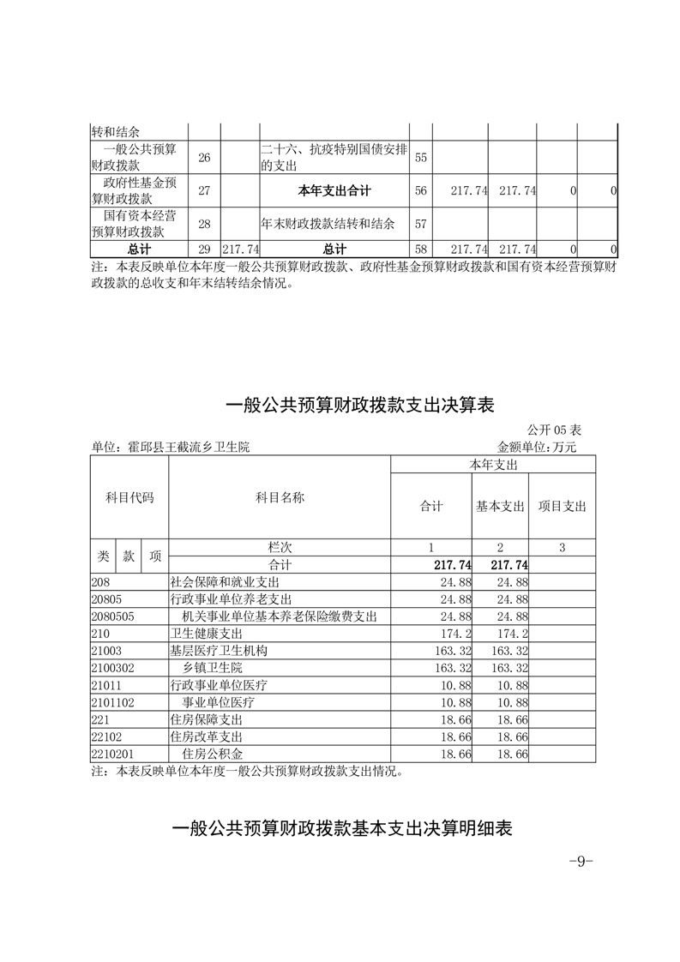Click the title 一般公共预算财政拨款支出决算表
coord(360,405)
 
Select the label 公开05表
coord(554,430)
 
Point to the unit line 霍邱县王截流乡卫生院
coord(171,447)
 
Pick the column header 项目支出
coord(562,507)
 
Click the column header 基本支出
coord(500,507)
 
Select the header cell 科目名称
coord(280,497)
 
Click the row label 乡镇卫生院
coord(212,668)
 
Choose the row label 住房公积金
coord(212,754)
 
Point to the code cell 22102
coord(106,737)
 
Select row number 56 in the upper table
coord(420,190)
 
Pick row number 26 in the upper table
coord(203,158)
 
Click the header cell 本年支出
coord(493,464)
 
